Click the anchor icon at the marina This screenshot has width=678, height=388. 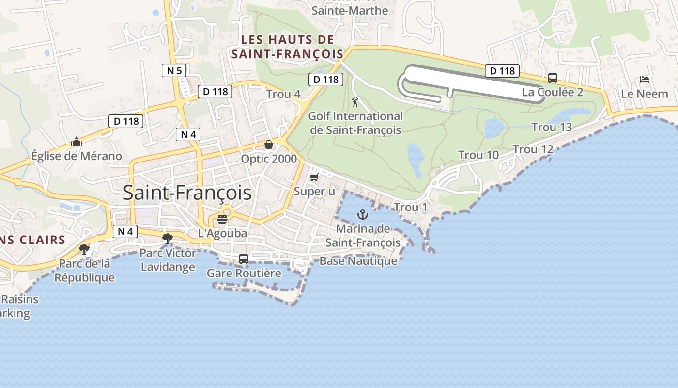point(362,214)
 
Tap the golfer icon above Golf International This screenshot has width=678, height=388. point(355,102)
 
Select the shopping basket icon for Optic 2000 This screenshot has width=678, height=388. point(268,145)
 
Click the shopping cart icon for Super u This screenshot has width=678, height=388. point(314,177)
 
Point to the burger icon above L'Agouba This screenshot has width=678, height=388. point(222,219)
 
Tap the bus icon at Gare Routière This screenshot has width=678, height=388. point(243,259)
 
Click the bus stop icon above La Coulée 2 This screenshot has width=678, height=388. point(552,78)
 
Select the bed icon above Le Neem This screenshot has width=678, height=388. point(644,79)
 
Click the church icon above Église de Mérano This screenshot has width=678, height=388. point(77,142)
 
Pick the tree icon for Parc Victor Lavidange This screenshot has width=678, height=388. point(168,238)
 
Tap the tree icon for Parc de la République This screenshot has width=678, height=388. point(84,249)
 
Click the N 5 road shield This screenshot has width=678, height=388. point(174,71)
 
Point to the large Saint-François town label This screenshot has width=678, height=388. point(187,193)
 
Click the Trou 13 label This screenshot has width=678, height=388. point(552,128)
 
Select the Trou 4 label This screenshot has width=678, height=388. point(283,94)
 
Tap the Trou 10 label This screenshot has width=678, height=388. point(478,155)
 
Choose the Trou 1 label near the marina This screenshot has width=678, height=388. point(411,208)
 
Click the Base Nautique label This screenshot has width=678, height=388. point(358,261)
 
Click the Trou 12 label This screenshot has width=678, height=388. point(533,149)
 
